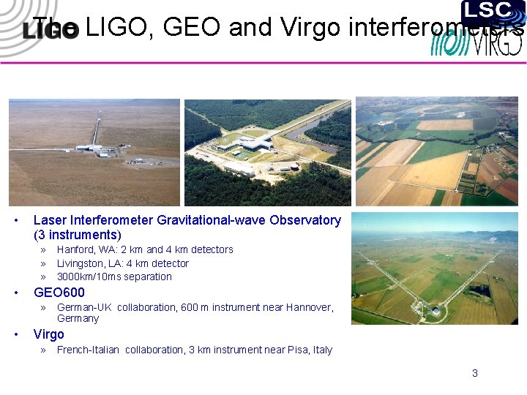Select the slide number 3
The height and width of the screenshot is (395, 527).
click(474, 373)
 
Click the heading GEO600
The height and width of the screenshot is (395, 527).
click(59, 293)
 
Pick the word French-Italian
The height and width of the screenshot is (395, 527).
click(88, 350)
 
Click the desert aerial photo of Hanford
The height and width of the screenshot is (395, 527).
click(94, 152)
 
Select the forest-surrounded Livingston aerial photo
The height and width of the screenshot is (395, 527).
click(267, 152)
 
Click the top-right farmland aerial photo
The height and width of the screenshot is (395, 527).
click(437, 151)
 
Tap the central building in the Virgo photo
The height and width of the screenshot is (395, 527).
click(436, 311)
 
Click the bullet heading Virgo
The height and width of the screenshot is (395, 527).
click(49, 334)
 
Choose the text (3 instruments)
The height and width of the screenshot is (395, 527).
click(78, 235)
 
